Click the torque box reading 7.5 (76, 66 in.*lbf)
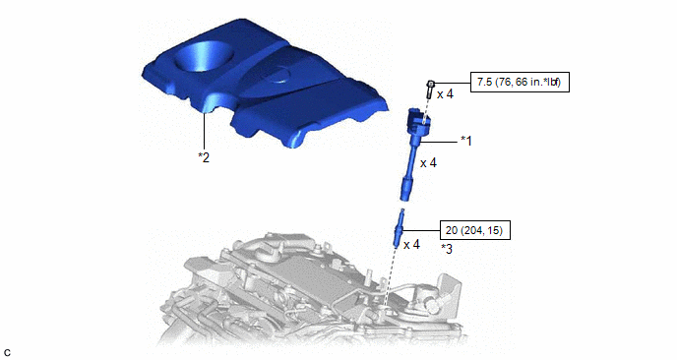point(520,82)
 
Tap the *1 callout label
point(466,141)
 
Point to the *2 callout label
point(204,157)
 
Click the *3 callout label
point(447,249)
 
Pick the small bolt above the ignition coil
point(430,89)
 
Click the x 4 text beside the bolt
point(445,94)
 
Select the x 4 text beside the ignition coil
point(428,162)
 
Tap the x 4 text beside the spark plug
point(411,245)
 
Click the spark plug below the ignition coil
point(399,227)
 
